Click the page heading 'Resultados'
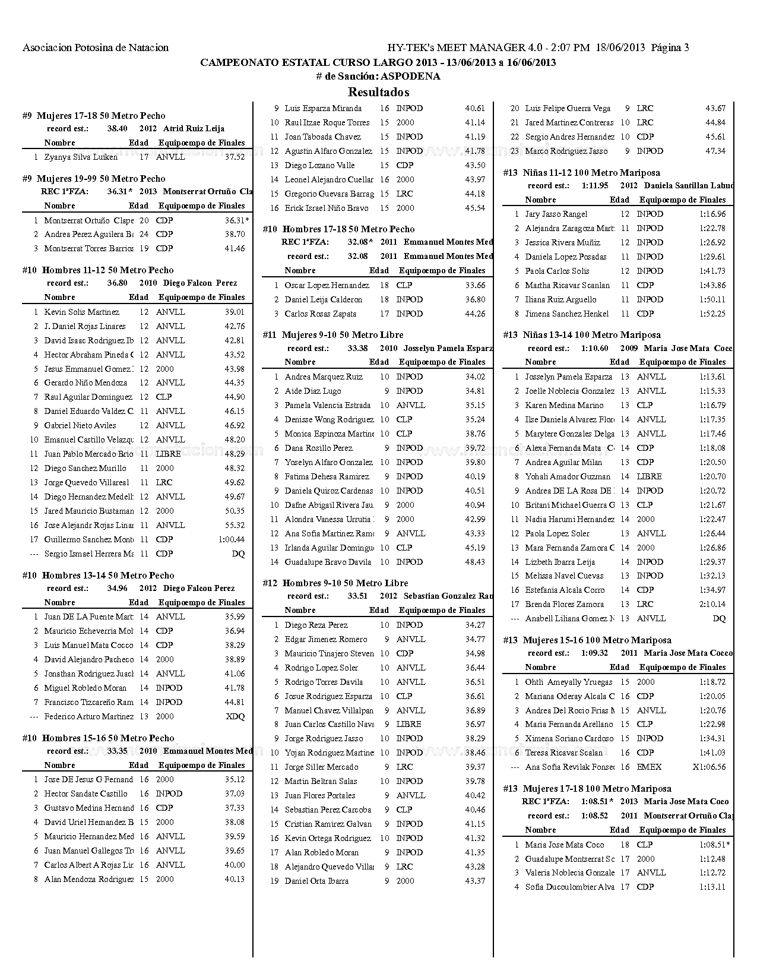[x=378, y=92]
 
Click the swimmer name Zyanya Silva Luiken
[x=81, y=157]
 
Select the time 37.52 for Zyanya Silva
[x=235, y=157]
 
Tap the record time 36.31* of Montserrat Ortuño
[x=236, y=220]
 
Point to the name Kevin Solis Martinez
[x=81, y=312]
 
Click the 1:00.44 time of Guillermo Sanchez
[x=232, y=539]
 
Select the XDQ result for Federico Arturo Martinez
[x=235, y=716]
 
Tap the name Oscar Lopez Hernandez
[x=327, y=285]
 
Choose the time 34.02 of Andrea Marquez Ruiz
[x=475, y=377]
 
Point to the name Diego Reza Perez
[x=316, y=625]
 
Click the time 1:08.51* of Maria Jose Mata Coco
[x=714, y=845]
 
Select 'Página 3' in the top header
[x=670, y=48]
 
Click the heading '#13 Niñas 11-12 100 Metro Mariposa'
[x=581, y=173]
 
